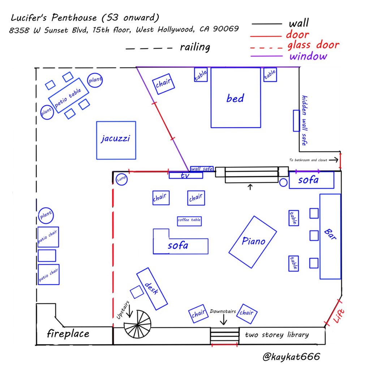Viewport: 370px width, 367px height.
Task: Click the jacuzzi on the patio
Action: coord(116,140)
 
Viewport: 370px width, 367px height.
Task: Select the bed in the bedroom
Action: coord(236,98)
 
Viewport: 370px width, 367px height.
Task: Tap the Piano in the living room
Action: coord(253,242)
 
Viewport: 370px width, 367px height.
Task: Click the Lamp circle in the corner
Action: coord(121,179)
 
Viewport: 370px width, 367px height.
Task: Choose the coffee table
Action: coord(189,221)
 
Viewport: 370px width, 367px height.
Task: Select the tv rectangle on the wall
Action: coord(186,175)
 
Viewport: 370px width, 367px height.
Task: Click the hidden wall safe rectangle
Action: coord(296,121)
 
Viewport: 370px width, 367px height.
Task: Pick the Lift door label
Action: coord(338,313)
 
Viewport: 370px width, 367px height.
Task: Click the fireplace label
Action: coord(68,333)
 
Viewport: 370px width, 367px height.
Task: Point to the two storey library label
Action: coord(277,335)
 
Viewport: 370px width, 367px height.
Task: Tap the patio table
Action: coord(68,98)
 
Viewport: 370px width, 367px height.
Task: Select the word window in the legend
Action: coord(308,56)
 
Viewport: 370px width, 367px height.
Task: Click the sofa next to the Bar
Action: coord(311,180)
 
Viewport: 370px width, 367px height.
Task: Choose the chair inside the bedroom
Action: coord(163,84)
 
